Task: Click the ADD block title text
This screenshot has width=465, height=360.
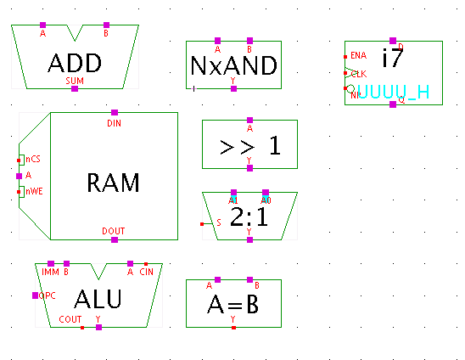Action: (75, 62)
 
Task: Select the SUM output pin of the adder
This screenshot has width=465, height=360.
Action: (75, 88)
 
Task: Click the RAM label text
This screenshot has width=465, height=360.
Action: (114, 182)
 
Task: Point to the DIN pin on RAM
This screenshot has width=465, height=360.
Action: (115, 112)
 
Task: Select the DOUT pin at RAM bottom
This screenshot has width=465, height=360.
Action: (115, 240)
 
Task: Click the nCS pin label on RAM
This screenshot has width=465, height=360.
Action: (31, 159)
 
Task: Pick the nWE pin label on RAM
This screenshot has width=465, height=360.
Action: (33, 191)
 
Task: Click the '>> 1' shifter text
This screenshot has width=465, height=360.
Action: (249, 145)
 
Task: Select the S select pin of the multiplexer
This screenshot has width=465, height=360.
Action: (202, 223)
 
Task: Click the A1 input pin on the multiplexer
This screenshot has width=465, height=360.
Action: (234, 193)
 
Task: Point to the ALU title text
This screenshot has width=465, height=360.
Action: (98, 299)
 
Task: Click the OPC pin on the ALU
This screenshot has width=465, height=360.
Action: (36, 295)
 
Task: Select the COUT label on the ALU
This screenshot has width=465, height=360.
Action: (71, 319)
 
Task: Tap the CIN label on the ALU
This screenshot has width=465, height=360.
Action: (146, 273)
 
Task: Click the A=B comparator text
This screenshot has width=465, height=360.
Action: (233, 303)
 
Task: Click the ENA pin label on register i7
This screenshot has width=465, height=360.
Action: (358, 56)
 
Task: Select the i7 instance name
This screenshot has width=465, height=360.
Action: (392, 59)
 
